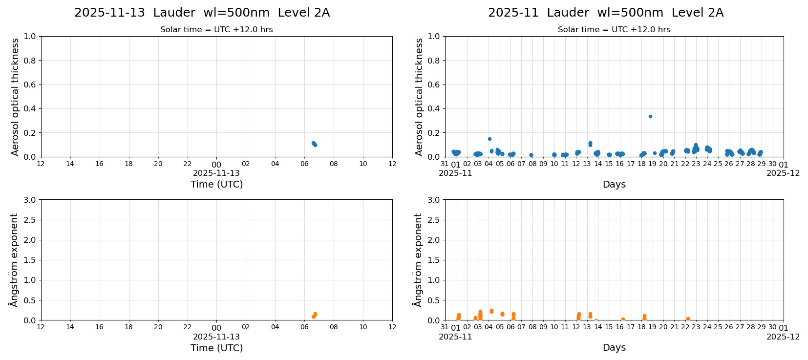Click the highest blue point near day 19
650,116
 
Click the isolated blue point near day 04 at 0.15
489,139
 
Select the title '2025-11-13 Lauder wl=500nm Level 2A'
202,13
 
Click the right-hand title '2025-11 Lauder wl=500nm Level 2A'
605,13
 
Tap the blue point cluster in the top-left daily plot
314,144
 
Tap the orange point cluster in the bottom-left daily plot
314,315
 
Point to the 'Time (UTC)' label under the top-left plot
216,184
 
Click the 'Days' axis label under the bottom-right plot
614,347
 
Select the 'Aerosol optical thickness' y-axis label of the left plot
15,97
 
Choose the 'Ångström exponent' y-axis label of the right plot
418,260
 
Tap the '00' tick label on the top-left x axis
216,165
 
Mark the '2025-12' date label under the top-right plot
783,173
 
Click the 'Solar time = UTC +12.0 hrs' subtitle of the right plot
614,30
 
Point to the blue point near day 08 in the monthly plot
531,155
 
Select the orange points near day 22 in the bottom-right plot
687,319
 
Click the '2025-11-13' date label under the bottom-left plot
216,337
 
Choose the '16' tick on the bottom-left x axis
99,327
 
